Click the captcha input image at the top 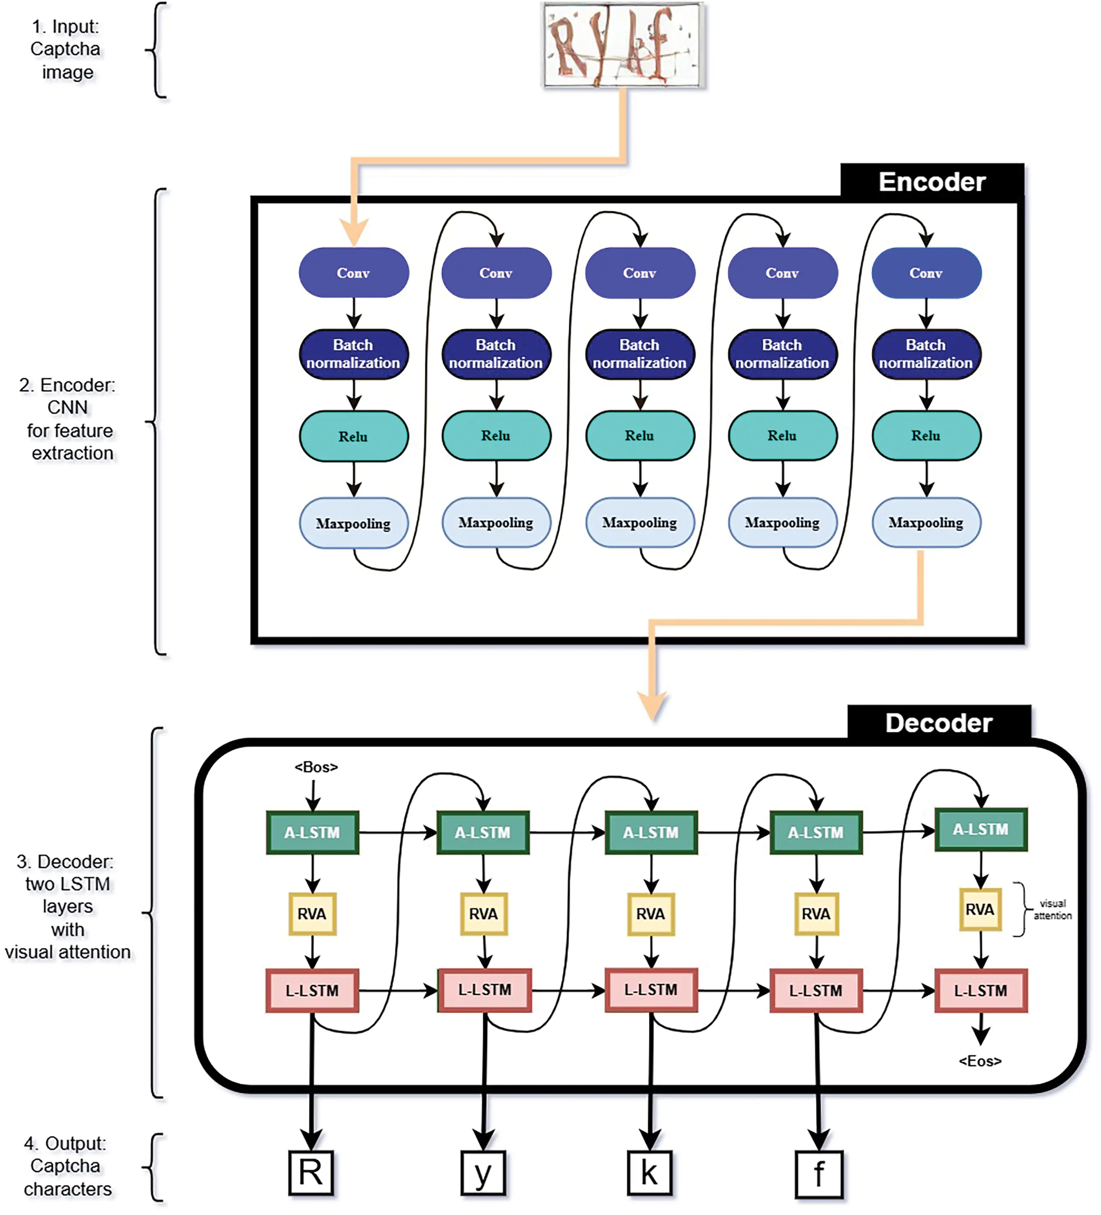click(623, 45)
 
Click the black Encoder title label click(932, 182)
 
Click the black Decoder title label click(938, 723)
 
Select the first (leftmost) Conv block click(353, 273)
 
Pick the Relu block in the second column click(496, 435)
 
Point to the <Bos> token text click(316, 767)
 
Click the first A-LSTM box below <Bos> click(312, 832)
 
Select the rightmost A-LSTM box click(981, 829)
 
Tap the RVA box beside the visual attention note click(980, 909)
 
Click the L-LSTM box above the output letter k click(651, 990)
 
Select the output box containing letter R click(311, 1172)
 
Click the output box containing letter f click(818, 1174)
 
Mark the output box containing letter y click(483, 1172)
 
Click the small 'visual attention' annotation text click(1052, 909)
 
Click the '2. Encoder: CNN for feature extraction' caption click(67, 419)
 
